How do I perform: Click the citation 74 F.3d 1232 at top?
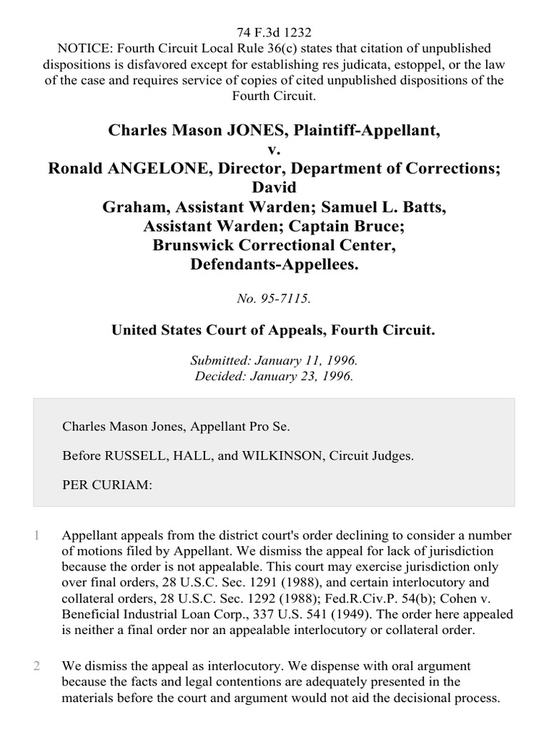click(274, 33)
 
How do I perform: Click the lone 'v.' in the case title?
click(274, 150)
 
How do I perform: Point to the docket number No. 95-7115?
click(274, 299)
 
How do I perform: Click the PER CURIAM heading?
click(107, 485)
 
